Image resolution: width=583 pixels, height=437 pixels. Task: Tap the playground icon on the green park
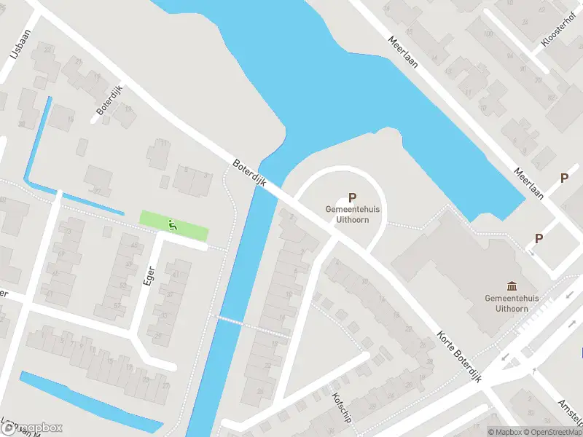pos(172,226)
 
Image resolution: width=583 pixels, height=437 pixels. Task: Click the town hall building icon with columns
pos(511,286)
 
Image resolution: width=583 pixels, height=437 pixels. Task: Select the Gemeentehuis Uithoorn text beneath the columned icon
pos(511,304)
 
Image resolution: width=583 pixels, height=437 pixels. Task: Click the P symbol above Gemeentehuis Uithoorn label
pos(353,197)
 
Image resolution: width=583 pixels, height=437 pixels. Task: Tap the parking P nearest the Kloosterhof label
pos(563,178)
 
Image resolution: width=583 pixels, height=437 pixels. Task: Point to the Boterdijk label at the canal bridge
pos(249,173)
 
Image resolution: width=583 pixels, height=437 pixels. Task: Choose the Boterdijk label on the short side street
pos(110,101)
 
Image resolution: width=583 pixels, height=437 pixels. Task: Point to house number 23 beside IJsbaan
pos(48,49)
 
